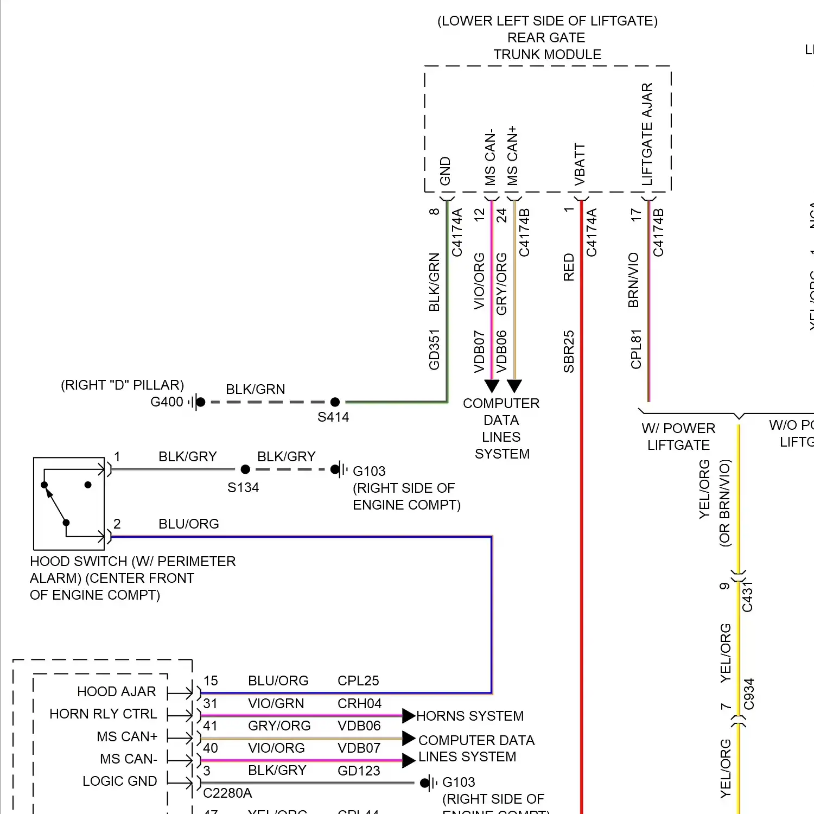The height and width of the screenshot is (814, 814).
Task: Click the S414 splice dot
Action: pyautogui.click(x=335, y=402)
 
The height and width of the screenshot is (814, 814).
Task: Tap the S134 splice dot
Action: pyautogui.click(x=245, y=469)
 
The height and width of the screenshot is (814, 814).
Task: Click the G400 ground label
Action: pyautogui.click(x=167, y=402)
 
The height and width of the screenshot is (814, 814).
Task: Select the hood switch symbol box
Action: pyautogui.click(x=69, y=504)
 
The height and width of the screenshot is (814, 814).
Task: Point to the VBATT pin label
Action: pyautogui.click(x=580, y=164)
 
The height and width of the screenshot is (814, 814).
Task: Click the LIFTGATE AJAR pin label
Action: pyautogui.click(x=647, y=134)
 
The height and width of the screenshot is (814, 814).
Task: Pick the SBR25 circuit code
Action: pyautogui.click(x=568, y=352)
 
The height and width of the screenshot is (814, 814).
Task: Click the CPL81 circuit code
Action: pyautogui.click(x=636, y=349)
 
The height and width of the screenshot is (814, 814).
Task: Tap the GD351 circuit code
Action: pyautogui.click(x=434, y=350)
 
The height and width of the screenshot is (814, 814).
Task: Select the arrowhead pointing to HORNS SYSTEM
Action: pyautogui.click(x=409, y=716)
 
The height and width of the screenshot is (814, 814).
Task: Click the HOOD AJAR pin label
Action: pyautogui.click(x=116, y=692)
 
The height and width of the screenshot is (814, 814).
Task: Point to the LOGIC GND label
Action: pyautogui.click(x=119, y=781)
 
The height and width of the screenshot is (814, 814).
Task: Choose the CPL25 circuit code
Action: pyautogui.click(x=358, y=681)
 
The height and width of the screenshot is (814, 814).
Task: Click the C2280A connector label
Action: pyautogui.click(x=227, y=793)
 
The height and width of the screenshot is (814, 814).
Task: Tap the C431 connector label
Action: pyautogui.click(x=747, y=596)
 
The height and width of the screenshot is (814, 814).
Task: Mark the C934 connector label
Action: pyautogui.click(x=749, y=694)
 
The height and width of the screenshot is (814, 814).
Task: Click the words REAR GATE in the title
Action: pyautogui.click(x=546, y=38)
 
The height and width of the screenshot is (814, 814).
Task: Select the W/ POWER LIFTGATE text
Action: pyautogui.click(x=678, y=437)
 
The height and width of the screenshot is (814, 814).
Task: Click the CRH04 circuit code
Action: pyautogui.click(x=359, y=704)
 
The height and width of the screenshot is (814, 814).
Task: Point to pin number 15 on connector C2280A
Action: pyautogui.click(x=211, y=681)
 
